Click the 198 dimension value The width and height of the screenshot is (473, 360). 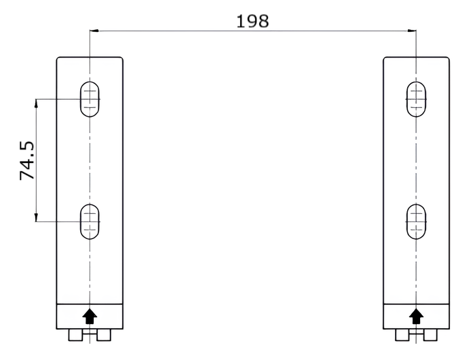click(x=252, y=22)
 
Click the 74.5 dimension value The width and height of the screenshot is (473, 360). click(x=27, y=161)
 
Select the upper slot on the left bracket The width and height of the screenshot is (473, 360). click(x=90, y=99)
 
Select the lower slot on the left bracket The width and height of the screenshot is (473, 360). click(x=90, y=221)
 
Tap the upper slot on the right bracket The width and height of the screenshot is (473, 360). click(x=416, y=99)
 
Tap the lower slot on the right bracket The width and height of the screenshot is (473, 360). click(x=416, y=221)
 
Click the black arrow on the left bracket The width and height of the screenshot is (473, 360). click(x=90, y=317)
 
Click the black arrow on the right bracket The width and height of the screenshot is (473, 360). click(x=416, y=317)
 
